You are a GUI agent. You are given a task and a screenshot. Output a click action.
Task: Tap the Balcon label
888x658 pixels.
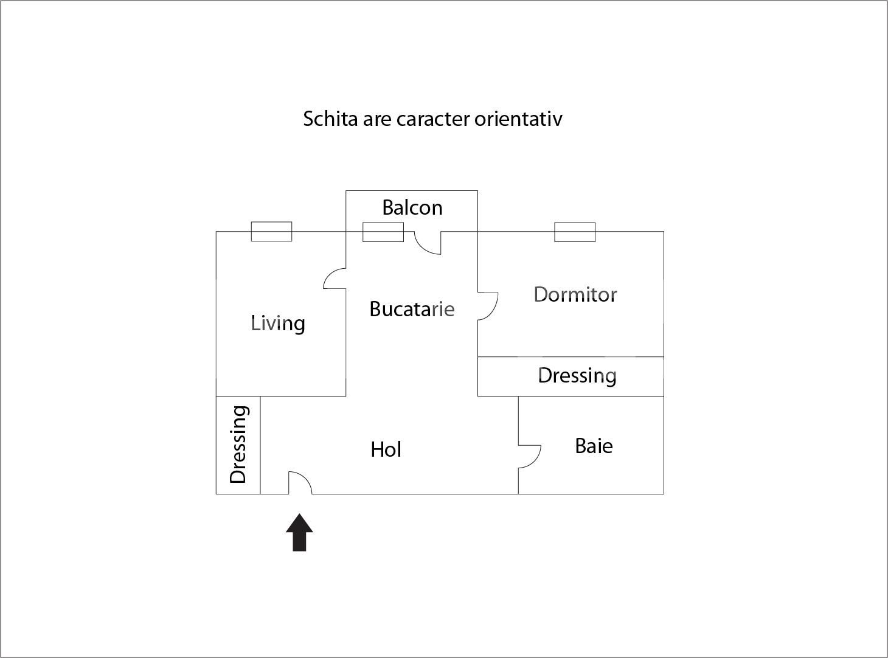412,208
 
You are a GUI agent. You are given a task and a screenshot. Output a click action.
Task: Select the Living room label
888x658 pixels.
278,323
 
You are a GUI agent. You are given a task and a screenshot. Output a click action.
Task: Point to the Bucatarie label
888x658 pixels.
412,309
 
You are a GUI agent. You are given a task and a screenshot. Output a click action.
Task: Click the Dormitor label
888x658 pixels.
575,294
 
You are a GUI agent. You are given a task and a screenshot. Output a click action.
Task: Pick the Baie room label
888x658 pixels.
594,446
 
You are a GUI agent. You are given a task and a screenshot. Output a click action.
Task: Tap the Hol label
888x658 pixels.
386,449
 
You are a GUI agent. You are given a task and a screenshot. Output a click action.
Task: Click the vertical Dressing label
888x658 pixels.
238,445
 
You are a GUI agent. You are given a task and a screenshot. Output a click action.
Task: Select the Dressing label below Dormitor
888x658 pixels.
577,375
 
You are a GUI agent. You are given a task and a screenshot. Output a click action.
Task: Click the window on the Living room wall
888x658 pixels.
271,232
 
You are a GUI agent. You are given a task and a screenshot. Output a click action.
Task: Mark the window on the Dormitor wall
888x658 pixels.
574,232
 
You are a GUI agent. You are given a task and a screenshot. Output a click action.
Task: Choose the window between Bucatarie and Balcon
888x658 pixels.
383,232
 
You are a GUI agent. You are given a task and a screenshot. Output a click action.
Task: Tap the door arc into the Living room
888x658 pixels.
334,279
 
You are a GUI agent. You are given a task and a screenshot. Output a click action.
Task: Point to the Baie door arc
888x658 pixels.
530,456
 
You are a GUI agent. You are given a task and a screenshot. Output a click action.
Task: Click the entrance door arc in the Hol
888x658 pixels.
300,482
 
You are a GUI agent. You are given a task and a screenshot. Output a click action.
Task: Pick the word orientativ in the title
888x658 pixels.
518,119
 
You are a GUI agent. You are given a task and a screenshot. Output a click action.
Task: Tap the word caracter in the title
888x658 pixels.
433,119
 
